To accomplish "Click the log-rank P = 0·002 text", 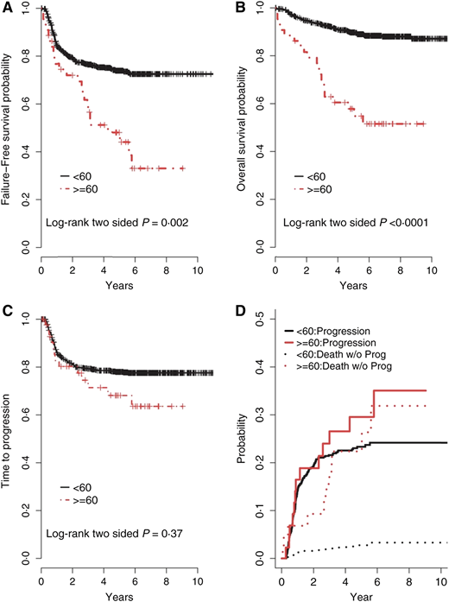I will (x=115, y=222).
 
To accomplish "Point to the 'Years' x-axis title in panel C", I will (x=120, y=594).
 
